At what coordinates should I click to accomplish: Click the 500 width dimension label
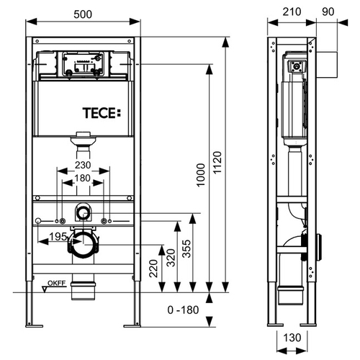[83, 14]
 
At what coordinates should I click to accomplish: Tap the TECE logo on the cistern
[102, 113]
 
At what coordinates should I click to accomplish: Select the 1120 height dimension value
[217, 163]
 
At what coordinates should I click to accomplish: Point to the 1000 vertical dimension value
[201, 175]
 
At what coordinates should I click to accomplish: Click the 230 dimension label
[83, 165]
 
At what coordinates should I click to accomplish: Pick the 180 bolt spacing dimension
[83, 178]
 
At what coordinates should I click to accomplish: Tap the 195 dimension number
[58, 237]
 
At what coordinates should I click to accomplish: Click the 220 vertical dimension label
[153, 269]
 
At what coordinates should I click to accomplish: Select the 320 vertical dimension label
[171, 258]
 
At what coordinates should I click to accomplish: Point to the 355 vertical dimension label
[186, 249]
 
